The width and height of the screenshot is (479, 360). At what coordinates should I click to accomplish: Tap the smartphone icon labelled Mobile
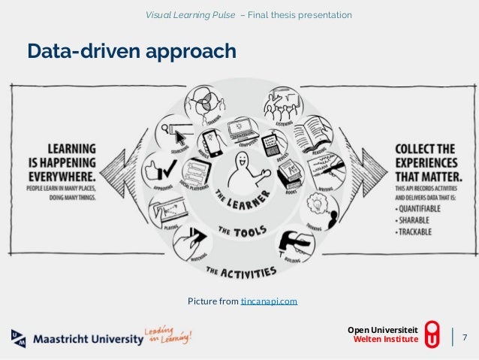click(x=212, y=143)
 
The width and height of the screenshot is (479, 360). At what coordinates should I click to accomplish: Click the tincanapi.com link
click(x=269, y=301)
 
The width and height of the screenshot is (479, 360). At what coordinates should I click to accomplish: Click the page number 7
click(x=464, y=336)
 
